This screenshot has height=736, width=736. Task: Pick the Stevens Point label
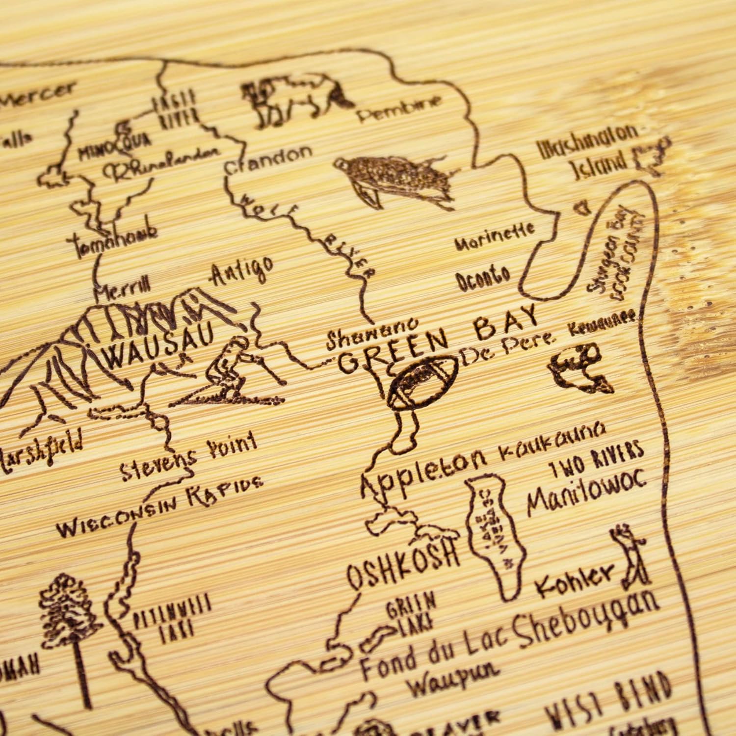189,456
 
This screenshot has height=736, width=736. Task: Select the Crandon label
268,159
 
